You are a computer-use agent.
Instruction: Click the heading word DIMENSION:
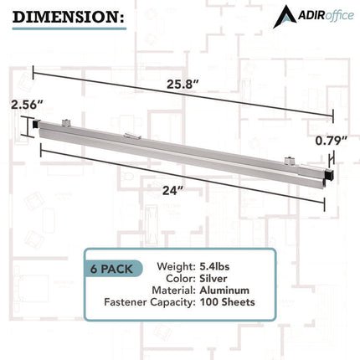[66, 16]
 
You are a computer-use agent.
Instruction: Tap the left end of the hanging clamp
[37, 126]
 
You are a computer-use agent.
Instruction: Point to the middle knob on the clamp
[130, 136]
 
